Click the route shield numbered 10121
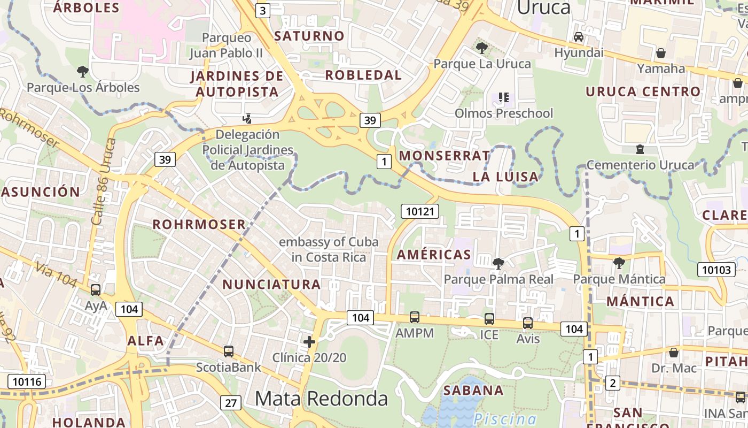[x=420, y=211]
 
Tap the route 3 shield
[x=262, y=10]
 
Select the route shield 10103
[x=716, y=270]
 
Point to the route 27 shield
[x=230, y=403]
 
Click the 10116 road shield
[x=26, y=381]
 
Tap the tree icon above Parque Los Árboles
[x=82, y=71]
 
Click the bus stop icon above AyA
[x=96, y=290]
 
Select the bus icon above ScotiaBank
[x=229, y=351]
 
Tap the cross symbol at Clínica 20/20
[x=309, y=341]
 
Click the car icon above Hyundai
[x=578, y=37]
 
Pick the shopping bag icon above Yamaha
[x=661, y=53]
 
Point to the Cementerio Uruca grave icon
[x=640, y=149]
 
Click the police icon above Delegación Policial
[x=247, y=118]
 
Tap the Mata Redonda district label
[x=321, y=398]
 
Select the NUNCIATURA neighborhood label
[x=271, y=284]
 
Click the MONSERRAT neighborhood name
[x=444, y=156]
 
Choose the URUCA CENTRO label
[x=643, y=91]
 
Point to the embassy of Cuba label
[x=329, y=249]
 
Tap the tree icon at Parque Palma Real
[x=498, y=263]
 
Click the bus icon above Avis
[x=528, y=323]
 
